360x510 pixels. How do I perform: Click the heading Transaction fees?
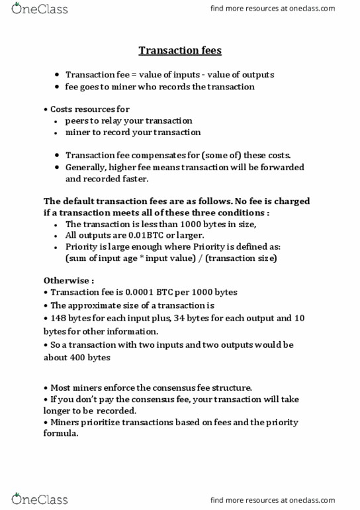[x=179, y=50]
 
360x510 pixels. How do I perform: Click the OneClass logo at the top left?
[x=39, y=9]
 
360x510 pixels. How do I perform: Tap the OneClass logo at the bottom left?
[x=39, y=499]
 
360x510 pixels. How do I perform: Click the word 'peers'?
[x=77, y=121]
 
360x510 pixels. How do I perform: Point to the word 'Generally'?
[x=85, y=167]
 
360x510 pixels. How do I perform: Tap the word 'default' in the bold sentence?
[x=81, y=201]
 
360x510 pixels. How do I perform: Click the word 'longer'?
[x=58, y=411]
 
